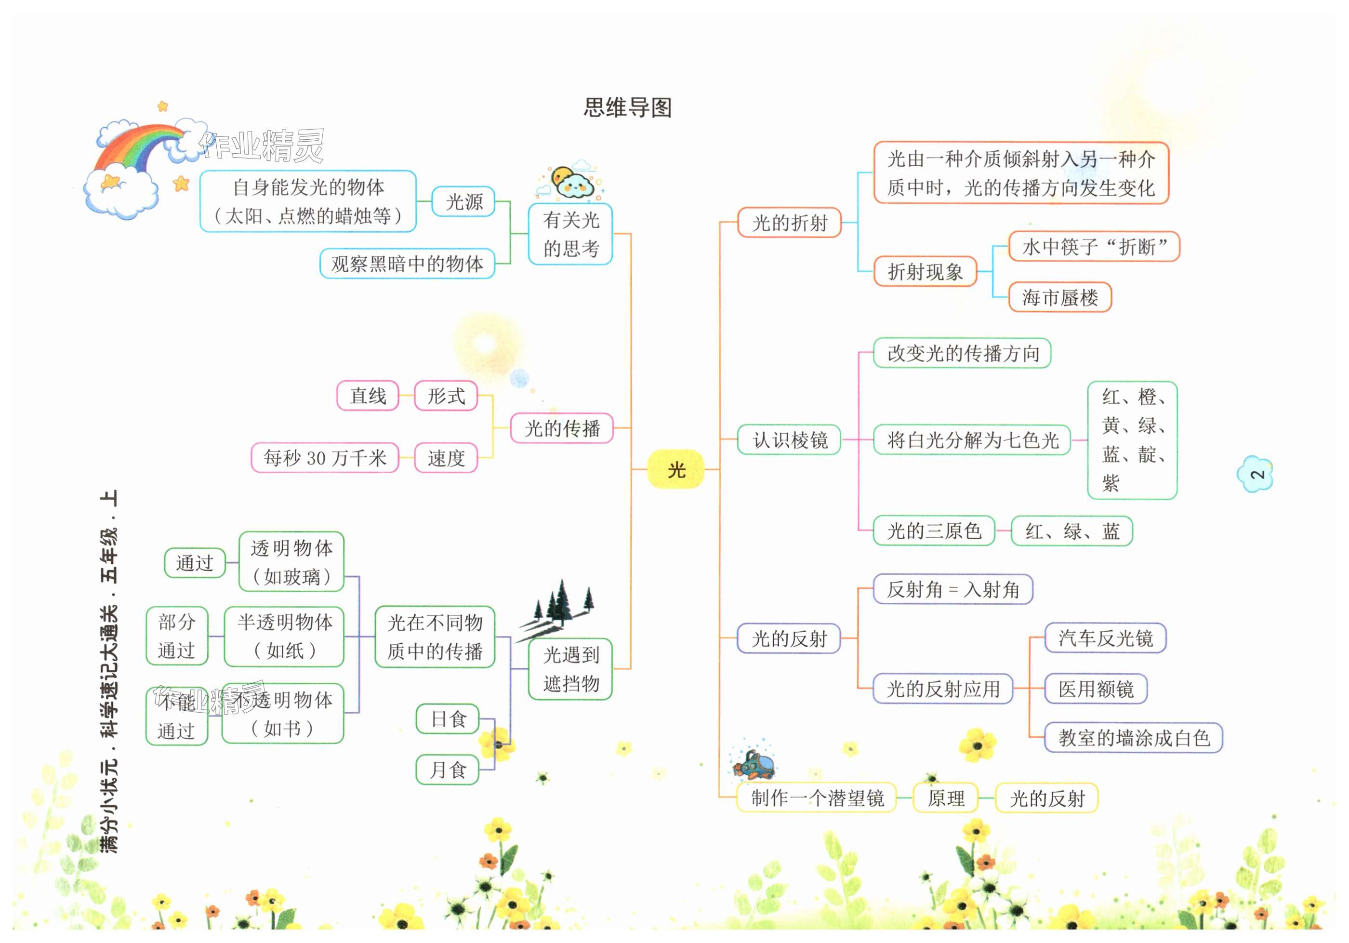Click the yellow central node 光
pyautogui.click(x=675, y=469)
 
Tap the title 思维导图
pyautogui.click(x=627, y=107)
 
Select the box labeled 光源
pyautogui.click(x=463, y=201)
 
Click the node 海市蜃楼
pyautogui.click(x=1059, y=297)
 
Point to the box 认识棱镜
pyautogui.click(x=789, y=439)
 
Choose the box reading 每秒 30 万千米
pyautogui.click(x=325, y=458)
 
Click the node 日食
pyautogui.click(x=448, y=718)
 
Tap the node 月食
pyautogui.click(x=448, y=770)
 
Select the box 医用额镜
pyautogui.click(x=1096, y=689)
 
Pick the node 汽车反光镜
pyautogui.click(x=1105, y=638)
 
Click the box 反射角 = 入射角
pyautogui.click(x=952, y=589)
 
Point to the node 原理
pyautogui.click(x=945, y=798)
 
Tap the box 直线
pyautogui.click(x=368, y=396)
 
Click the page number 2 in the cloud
pyautogui.click(x=1256, y=474)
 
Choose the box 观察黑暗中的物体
pyautogui.click(x=407, y=264)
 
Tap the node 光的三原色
pyautogui.click(x=934, y=531)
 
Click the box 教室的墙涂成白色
pyautogui.click(x=1133, y=738)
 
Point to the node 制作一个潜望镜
pyautogui.click(x=817, y=798)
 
